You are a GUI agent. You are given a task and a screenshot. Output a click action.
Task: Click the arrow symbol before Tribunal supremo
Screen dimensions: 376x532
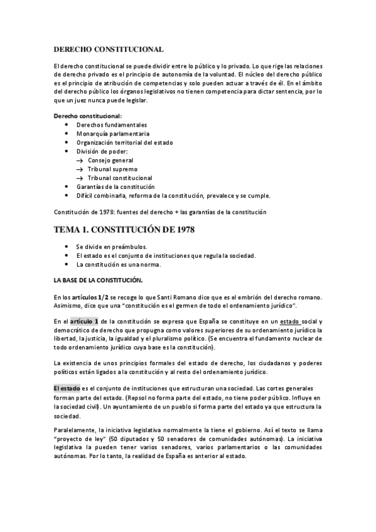(x=80, y=169)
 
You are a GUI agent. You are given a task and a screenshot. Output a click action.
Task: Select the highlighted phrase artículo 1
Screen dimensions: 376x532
(x=83, y=321)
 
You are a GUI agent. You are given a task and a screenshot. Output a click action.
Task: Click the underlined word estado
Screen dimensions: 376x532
(x=290, y=321)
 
